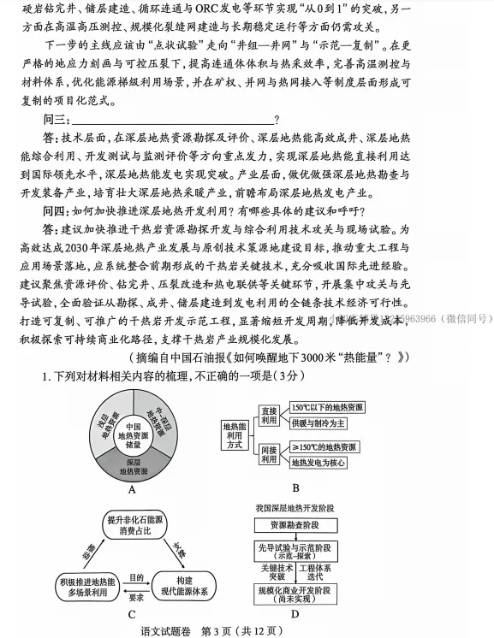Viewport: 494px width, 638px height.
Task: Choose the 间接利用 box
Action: point(269,454)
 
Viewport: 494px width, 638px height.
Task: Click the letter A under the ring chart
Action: point(132,490)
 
